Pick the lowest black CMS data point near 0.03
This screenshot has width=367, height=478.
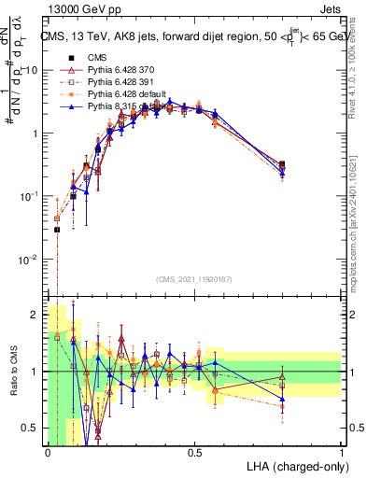tap(57, 230)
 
